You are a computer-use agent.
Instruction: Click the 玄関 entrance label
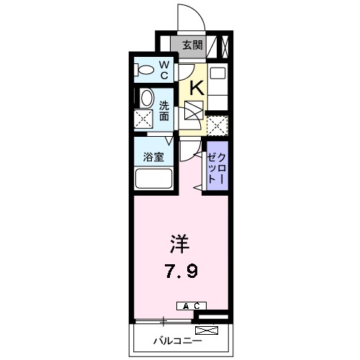point(191,45)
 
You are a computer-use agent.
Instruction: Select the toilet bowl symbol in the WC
point(146,70)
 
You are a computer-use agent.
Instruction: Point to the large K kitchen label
point(194,88)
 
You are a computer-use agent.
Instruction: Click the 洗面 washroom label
point(164,109)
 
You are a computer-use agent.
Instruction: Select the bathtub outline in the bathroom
point(153,179)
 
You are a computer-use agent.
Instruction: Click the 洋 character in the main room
point(180,245)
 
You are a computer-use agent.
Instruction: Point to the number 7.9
point(180,272)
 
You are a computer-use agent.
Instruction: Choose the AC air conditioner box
point(190,306)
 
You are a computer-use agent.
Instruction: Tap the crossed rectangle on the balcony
point(207,331)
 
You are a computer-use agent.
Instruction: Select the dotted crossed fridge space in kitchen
point(217,124)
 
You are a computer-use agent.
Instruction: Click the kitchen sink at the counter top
point(217,72)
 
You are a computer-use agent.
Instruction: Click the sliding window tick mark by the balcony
point(165,320)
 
